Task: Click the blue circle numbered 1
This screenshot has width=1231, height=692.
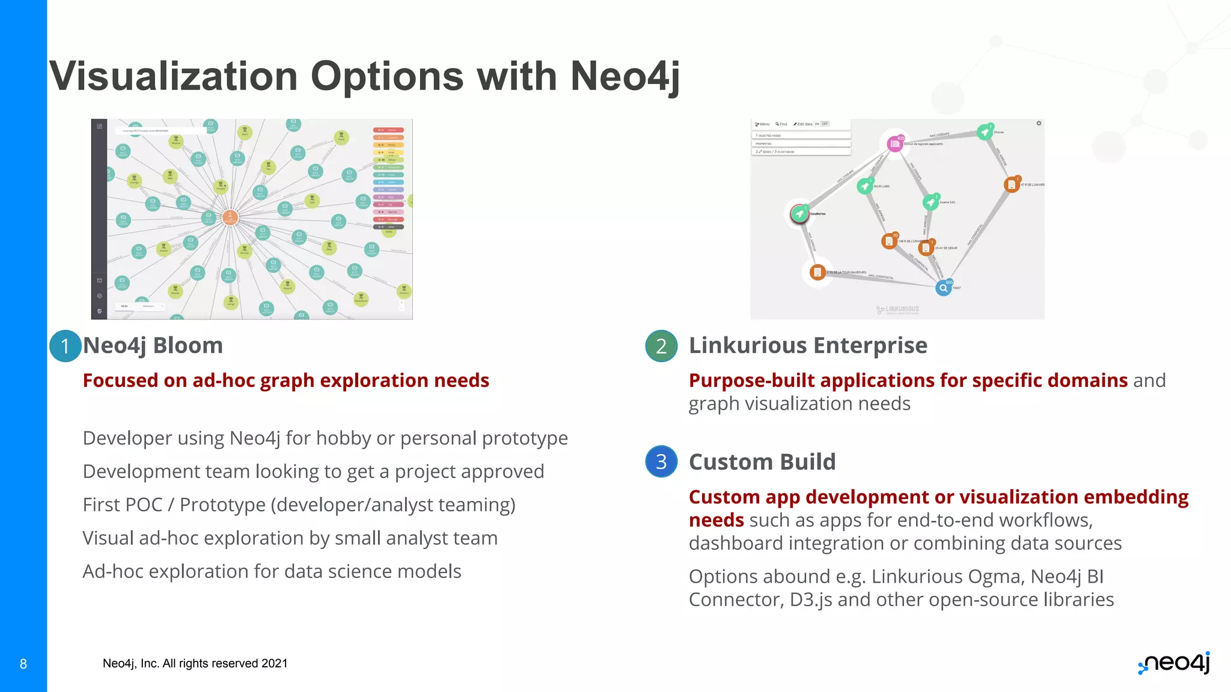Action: tap(65, 346)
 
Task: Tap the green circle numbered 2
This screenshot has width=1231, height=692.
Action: tap(661, 346)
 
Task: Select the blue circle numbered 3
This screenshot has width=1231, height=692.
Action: tap(661, 461)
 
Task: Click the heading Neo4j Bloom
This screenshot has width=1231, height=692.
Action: tap(153, 345)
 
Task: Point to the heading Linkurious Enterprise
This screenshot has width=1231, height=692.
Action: tap(808, 345)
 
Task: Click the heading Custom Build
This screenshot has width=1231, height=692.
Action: tap(762, 462)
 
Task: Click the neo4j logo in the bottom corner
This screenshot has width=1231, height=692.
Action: tap(1174, 663)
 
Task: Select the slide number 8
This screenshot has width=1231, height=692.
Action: tap(23, 664)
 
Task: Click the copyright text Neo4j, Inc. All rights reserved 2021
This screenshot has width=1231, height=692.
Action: tap(195, 663)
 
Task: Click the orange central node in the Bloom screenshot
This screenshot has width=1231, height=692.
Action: tap(230, 217)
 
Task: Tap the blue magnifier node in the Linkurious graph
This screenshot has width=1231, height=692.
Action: tap(943, 288)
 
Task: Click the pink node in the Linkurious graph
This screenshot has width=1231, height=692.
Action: tap(894, 144)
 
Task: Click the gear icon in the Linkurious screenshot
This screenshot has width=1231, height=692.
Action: tap(1039, 123)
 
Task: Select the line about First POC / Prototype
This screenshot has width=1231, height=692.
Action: tap(299, 505)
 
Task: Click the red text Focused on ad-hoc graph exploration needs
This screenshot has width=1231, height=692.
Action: tap(286, 380)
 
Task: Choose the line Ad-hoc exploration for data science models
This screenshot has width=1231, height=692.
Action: tap(272, 571)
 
